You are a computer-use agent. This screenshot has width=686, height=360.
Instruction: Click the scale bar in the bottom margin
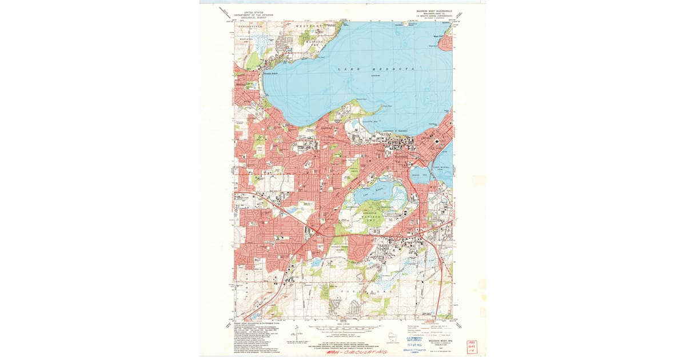(343, 328)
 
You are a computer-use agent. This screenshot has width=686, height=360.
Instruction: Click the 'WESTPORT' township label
(309, 26)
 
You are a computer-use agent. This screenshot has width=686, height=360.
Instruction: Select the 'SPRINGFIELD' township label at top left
(251, 26)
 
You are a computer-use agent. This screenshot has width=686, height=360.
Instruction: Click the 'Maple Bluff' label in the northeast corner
(438, 37)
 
